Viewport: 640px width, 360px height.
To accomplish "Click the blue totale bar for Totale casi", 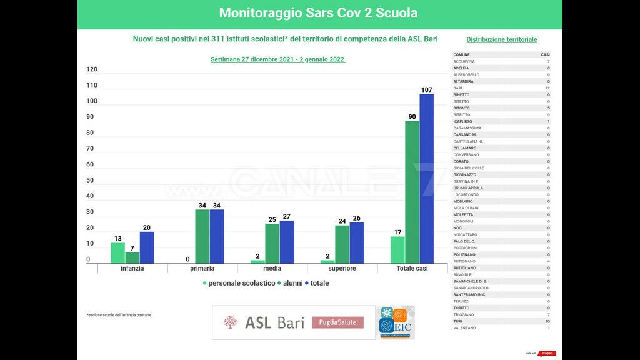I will [x=426, y=178].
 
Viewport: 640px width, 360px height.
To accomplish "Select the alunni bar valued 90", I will [x=412, y=192].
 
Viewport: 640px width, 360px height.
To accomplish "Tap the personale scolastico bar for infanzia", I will [x=118, y=252].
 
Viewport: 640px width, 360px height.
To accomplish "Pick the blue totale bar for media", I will [x=286, y=242].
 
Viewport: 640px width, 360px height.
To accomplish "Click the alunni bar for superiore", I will [x=342, y=244].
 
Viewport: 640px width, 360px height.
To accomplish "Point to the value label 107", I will [x=426, y=90].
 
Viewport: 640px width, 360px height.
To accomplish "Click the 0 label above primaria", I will [x=187, y=259].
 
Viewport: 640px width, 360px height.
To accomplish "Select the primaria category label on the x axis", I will [x=202, y=269].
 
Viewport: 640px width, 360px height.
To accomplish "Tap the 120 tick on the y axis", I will [x=92, y=69].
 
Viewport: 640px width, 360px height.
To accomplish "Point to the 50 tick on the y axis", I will [x=90, y=180].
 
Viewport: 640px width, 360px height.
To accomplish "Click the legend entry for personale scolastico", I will [x=238, y=283].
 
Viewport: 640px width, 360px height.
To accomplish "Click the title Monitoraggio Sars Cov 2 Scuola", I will [x=319, y=13].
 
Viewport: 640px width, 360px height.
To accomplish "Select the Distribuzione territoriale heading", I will [x=501, y=39].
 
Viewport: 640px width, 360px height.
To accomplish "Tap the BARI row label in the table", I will [x=458, y=88].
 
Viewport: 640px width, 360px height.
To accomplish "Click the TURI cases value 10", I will [x=547, y=321].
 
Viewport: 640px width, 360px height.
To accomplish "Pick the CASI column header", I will [x=545, y=55].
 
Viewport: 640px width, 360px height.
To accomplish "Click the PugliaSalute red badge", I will [x=337, y=322].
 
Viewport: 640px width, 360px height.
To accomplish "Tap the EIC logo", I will [x=396, y=322].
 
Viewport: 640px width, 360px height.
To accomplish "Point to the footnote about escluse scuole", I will [x=119, y=315].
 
